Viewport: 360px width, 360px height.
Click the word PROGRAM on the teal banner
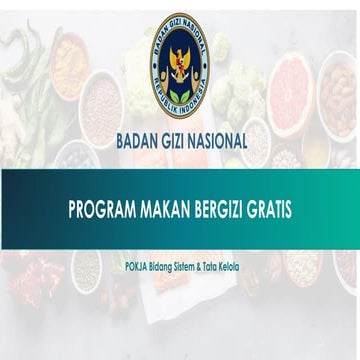tap(103, 213)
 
